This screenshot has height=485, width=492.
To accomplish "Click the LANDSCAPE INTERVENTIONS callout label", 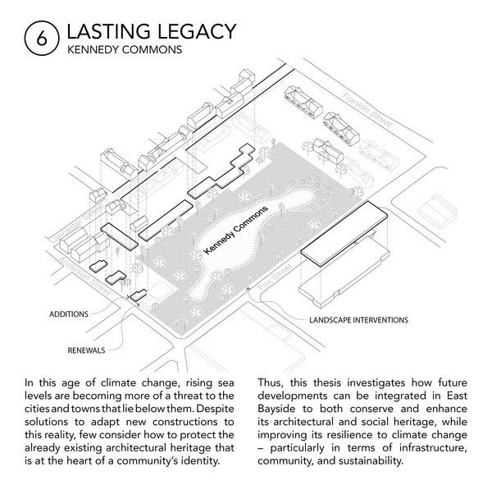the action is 358,318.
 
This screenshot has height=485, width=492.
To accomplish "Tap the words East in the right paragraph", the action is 448,396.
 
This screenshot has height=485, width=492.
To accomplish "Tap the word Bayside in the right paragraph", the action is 280,410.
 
